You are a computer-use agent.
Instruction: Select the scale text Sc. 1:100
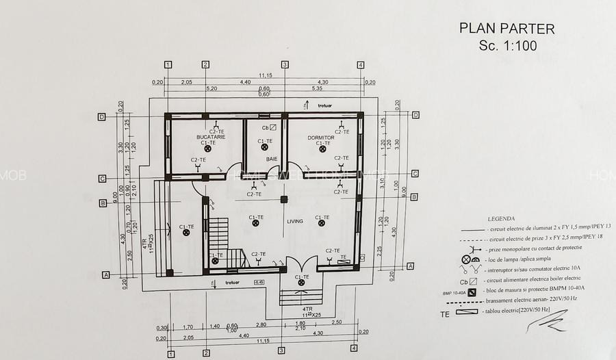point(509,45)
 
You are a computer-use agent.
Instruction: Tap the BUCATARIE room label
point(211,137)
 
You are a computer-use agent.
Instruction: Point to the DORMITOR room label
point(320,137)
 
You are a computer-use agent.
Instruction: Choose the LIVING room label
point(295,221)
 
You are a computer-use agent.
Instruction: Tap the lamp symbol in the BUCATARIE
point(207,149)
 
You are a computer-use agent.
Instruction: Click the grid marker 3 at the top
point(285,64)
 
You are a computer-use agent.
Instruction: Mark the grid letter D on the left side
point(101,116)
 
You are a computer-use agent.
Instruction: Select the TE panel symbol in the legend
point(475,313)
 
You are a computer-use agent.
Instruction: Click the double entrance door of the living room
point(301,263)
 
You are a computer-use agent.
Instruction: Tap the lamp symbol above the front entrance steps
point(300,283)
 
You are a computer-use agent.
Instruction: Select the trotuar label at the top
point(325,105)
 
